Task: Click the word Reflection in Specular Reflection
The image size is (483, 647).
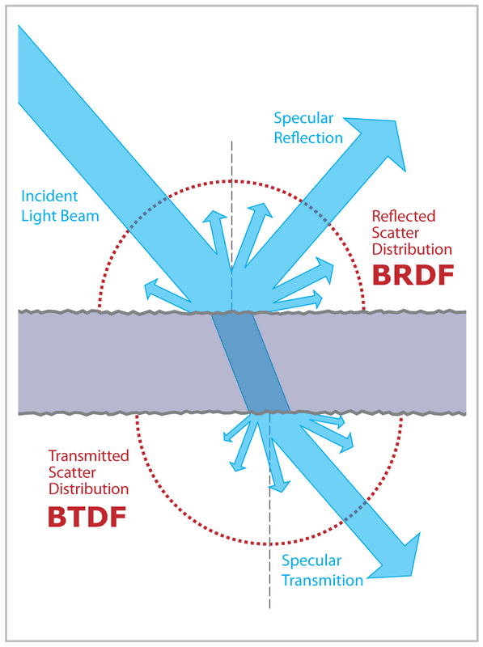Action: pyautogui.click(x=308, y=137)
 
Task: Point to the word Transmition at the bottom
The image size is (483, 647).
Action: pyautogui.click(x=322, y=579)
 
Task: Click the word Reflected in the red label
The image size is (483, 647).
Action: pyautogui.click(x=403, y=217)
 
